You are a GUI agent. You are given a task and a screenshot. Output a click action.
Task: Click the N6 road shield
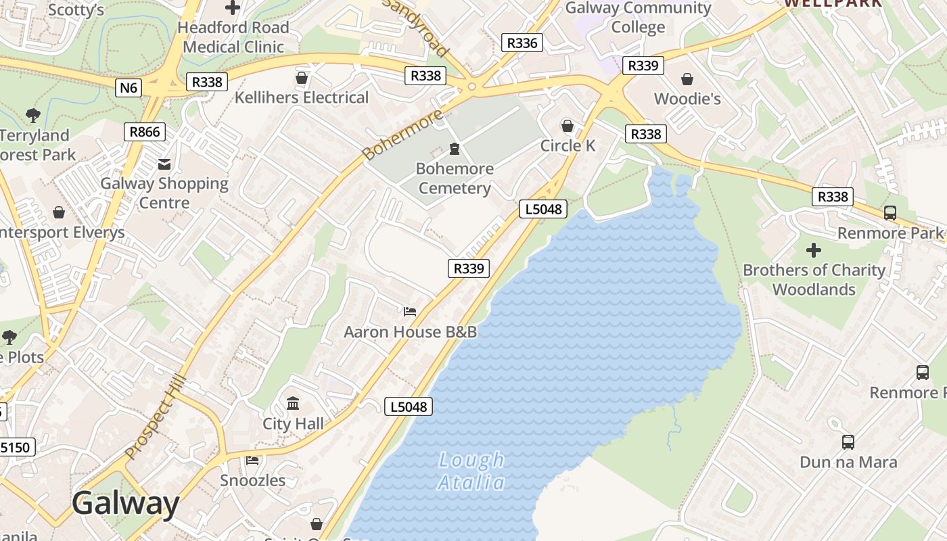(x=128, y=87)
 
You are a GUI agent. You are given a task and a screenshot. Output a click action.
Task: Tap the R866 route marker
(x=145, y=131)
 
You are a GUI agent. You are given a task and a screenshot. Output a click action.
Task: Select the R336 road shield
(x=522, y=43)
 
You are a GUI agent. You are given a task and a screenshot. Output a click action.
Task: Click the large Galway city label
(x=125, y=504)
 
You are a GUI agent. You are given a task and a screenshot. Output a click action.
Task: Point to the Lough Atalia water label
(x=471, y=471)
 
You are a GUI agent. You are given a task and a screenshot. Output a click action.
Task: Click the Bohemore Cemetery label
(x=455, y=179)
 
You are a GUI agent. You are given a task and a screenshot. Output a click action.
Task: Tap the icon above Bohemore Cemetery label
(x=455, y=148)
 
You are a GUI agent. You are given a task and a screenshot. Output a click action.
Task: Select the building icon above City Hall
(x=293, y=404)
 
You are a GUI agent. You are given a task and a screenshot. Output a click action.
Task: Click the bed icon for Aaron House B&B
(x=410, y=312)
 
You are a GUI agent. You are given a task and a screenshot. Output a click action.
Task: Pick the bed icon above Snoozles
(x=252, y=461)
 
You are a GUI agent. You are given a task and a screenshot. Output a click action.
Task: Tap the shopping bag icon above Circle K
(x=568, y=126)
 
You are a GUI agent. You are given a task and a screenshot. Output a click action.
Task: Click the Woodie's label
(x=687, y=99)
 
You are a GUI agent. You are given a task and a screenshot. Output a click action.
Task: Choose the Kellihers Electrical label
(x=302, y=97)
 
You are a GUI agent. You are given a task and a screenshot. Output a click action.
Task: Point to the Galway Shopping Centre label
(x=164, y=193)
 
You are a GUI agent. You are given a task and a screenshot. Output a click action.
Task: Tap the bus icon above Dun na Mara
(x=848, y=442)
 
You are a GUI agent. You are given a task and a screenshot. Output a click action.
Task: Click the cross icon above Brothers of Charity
(x=814, y=250)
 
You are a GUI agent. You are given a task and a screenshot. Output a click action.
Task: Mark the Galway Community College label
(x=638, y=18)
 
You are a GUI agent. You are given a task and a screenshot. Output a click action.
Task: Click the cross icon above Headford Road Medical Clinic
(x=233, y=8)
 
